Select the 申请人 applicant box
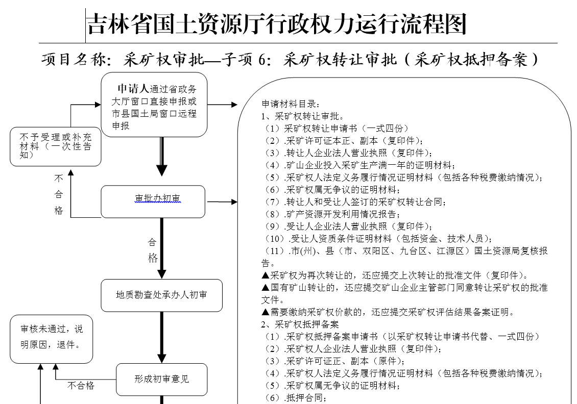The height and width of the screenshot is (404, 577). pyautogui.click(x=154, y=105)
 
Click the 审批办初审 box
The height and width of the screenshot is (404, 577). pyautogui.click(x=153, y=201)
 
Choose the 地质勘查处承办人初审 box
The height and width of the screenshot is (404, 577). pyautogui.click(x=161, y=295)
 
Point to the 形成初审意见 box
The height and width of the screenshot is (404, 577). pyautogui.click(x=161, y=379)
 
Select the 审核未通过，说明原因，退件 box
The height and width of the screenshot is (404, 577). pyautogui.click(x=50, y=339)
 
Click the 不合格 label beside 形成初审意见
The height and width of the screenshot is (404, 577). pyautogui.click(x=81, y=386)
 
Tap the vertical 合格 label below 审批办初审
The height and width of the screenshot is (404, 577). pyautogui.click(x=153, y=249)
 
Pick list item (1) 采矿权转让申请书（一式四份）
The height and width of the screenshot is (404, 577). pyautogui.click(x=336, y=129)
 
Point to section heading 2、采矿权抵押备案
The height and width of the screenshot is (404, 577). pyautogui.click(x=300, y=324)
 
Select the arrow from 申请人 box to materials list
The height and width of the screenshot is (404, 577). pyautogui.click(x=223, y=105)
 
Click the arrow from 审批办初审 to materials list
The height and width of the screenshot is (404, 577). pyautogui.click(x=222, y=202)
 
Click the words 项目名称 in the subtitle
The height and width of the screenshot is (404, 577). pyautogui.click(x=75, y=60)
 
